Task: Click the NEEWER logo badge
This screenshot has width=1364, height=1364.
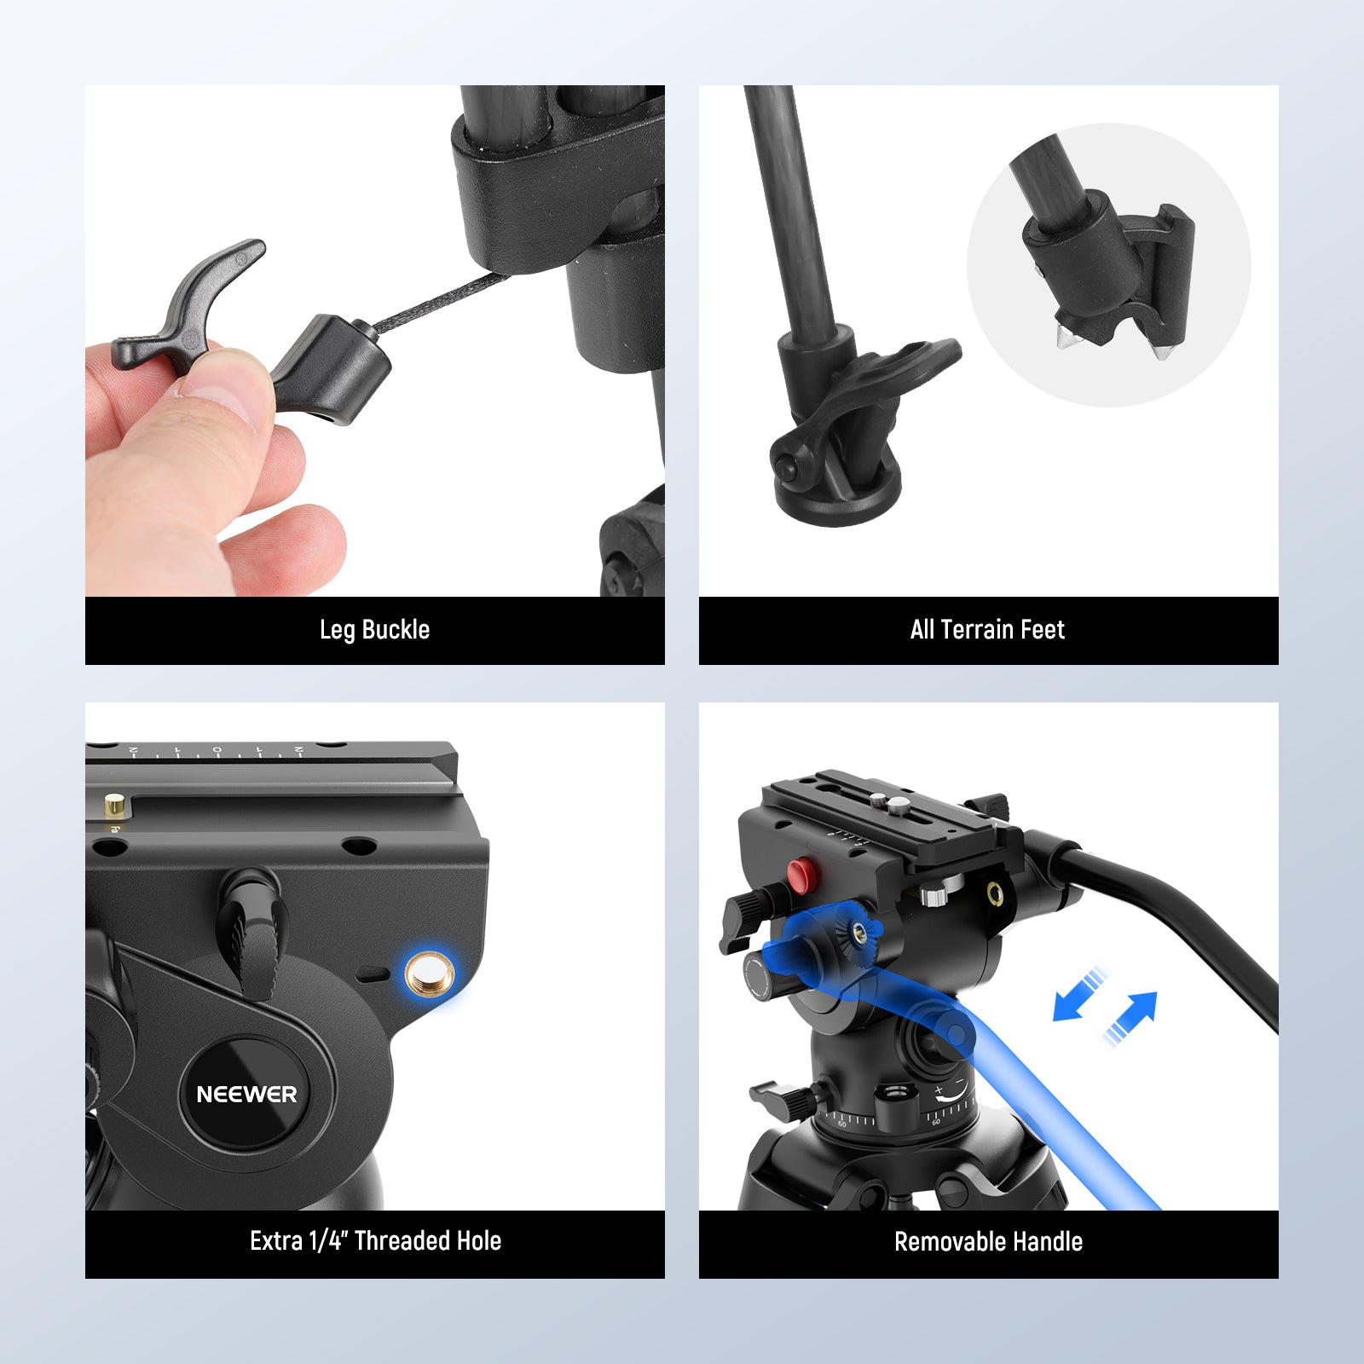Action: pyautogui.click(x=246, y=1094)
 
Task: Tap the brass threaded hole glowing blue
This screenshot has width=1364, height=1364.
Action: pyautogui.click(x=430, y=974)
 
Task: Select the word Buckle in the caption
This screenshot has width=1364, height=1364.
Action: pyautogui.click(x=396, y=630)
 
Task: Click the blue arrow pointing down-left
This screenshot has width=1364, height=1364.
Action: pyautogui.click(x=1076, y=996)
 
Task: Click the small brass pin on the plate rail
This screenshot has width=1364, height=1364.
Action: pyautogui.click(x=114, y=804)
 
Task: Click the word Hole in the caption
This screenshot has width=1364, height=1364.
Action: pyautogui.click(x=480, y=1241)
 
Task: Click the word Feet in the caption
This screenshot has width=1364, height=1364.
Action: pyautogui.click(x=1043, y=630)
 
